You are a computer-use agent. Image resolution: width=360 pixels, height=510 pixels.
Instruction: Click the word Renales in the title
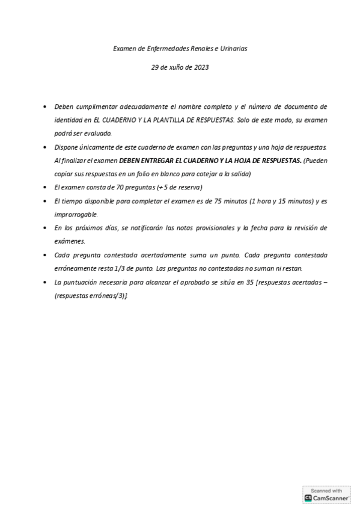point(195,48)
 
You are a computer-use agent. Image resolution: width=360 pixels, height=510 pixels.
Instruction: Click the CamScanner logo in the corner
point(326,498)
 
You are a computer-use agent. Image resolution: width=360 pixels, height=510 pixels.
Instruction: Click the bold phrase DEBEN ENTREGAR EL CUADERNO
point(181,161)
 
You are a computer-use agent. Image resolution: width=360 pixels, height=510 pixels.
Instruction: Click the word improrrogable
point(76,214)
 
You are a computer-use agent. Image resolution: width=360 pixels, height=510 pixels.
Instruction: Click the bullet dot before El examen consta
point(46,188)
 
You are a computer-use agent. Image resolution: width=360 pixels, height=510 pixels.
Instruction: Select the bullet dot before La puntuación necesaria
point(46,283)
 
